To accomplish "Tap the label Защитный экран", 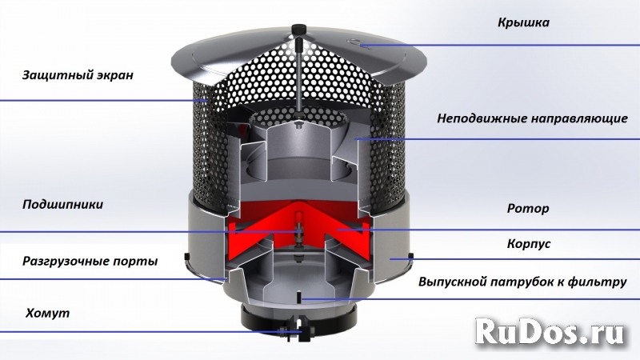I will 77,76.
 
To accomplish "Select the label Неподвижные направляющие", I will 532,119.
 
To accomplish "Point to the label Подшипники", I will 63,205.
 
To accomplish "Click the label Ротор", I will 528,209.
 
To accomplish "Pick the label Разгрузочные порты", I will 90,261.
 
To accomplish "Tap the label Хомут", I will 47,313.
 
